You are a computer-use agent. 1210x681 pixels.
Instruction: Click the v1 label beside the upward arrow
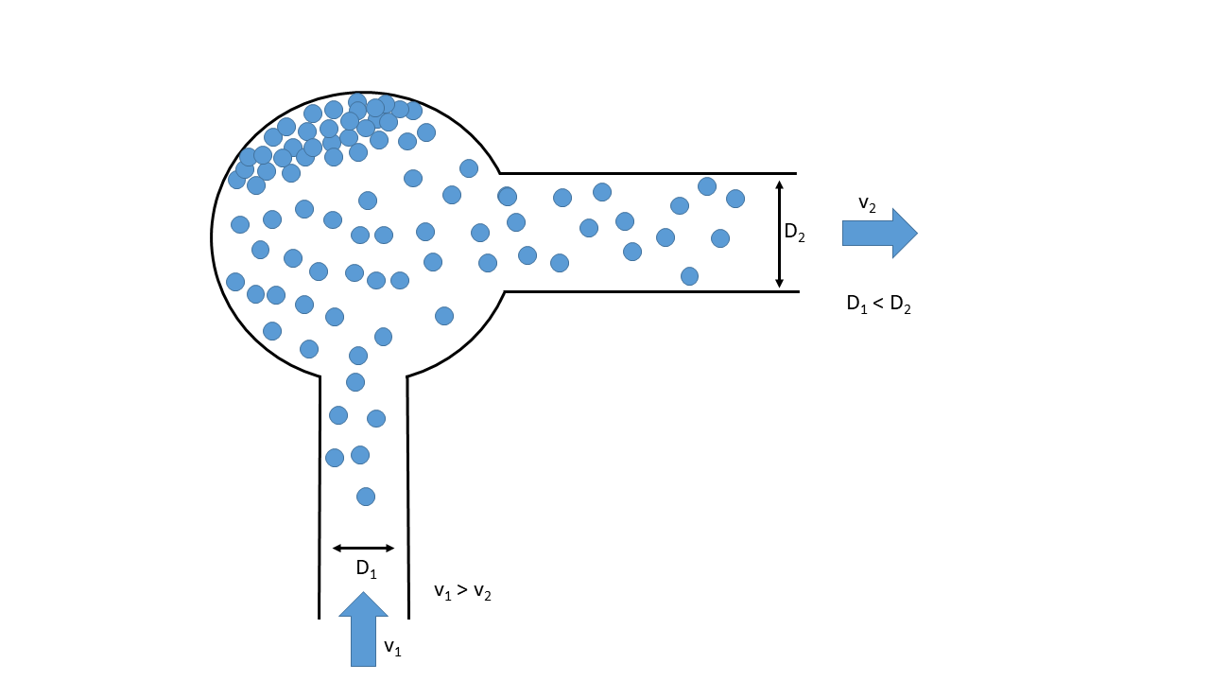pos(392,648)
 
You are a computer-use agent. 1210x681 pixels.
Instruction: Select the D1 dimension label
pos(366,569)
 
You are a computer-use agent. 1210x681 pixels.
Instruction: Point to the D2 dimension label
pos(795,233)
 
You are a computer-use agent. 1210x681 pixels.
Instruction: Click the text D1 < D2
pos(878,305)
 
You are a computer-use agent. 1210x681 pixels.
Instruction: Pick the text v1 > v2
pos(462,592)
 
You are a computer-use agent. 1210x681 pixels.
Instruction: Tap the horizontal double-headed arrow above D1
pos(363,548)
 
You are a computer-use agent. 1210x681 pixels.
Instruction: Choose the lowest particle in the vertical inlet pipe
pos(366,497)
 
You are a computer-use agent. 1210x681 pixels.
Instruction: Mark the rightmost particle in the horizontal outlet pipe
pos(735,199)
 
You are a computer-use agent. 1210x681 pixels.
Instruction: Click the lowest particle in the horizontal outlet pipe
pos(689,276)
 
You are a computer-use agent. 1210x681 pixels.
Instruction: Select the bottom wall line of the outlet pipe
pos(652,291)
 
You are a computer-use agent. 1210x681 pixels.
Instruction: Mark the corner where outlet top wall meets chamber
pos(500,173)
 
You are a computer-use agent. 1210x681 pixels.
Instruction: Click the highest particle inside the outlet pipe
pos(707,186)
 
